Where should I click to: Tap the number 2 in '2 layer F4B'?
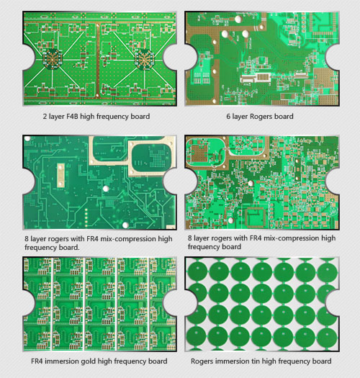click(45, 116)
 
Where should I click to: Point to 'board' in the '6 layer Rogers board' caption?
click(284, 116)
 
